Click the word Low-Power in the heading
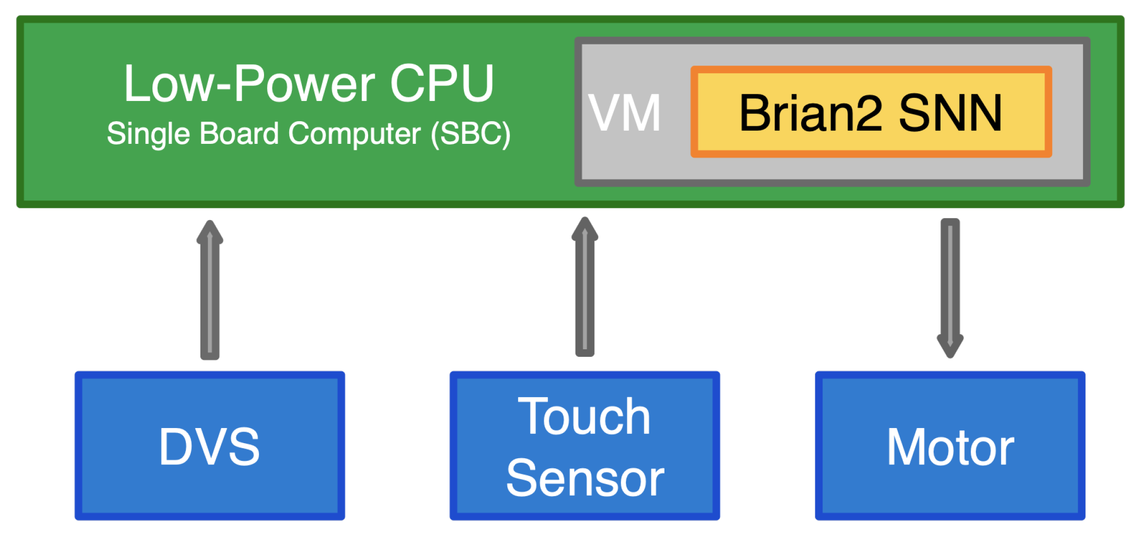(249, 84)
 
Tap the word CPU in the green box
(441, 84)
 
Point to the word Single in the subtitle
(148, 134)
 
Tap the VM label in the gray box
(625, 113)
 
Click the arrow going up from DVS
(210, 298)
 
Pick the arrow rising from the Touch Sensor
(585, 298)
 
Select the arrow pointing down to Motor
(950, 283)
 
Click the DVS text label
(209, 447)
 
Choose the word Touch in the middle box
(584, 416)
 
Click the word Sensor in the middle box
(585, 478)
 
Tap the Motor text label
(950, 447)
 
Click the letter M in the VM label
(642, 113)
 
